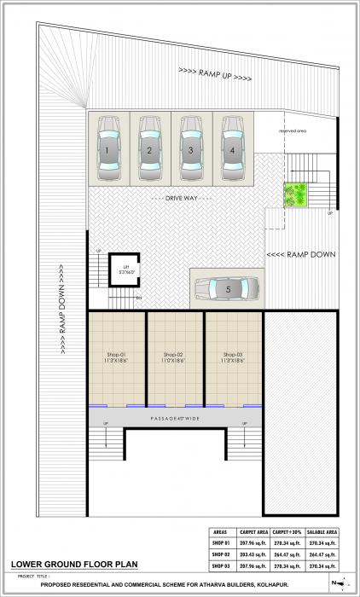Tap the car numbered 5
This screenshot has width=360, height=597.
point(228,288)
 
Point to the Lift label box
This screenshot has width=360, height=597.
point(125,270)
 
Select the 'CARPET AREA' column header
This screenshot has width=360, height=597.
point(254,531)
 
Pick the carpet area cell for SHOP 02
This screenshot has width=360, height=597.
point(254,554)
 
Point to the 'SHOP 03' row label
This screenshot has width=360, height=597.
point(219,565)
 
